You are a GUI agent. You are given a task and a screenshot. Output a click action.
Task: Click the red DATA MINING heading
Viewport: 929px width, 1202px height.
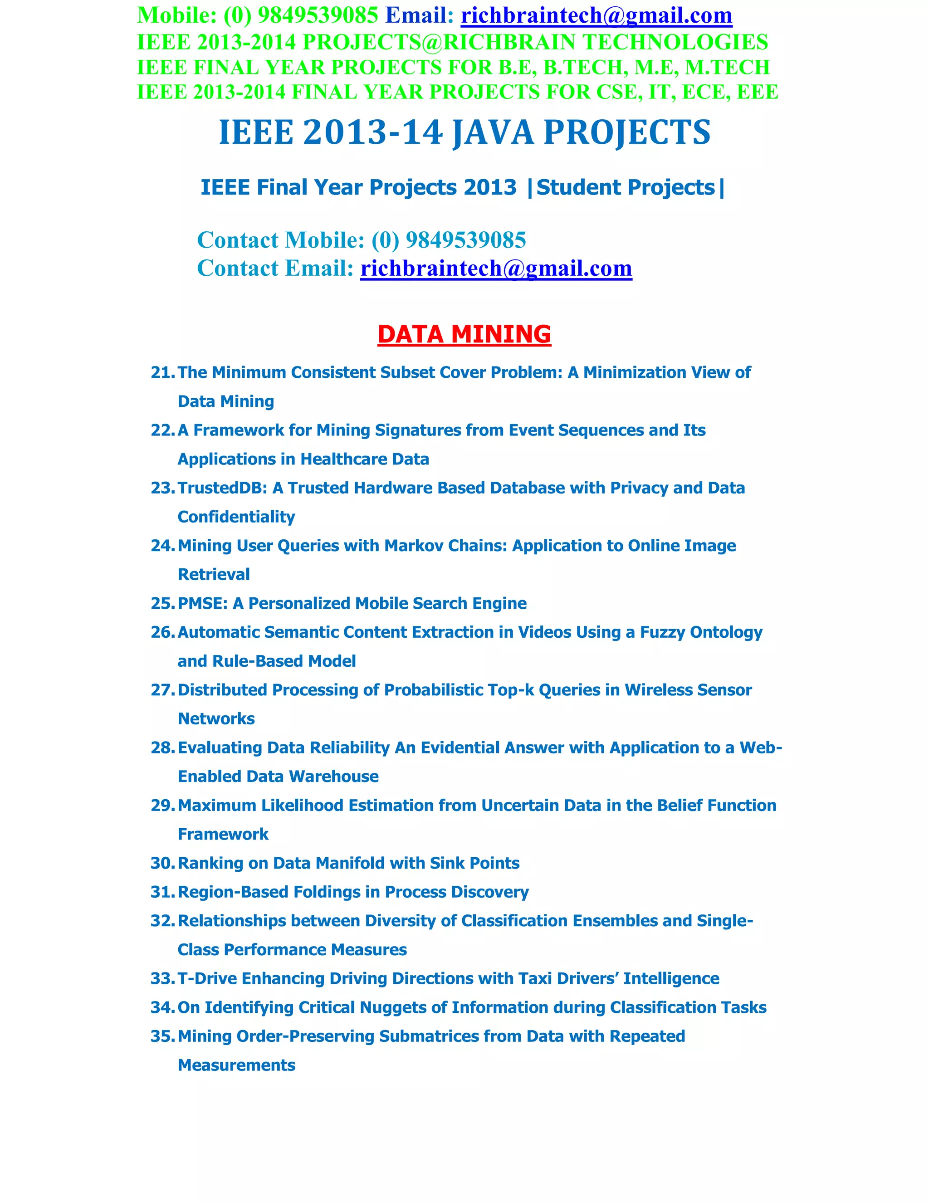point(464,334)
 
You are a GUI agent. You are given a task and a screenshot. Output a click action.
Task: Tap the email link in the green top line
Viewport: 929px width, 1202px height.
point(596,15)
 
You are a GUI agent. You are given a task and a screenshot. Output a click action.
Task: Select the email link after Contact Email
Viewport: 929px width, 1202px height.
point(496,268)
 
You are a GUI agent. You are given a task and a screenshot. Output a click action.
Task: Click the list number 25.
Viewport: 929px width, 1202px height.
point(162,603)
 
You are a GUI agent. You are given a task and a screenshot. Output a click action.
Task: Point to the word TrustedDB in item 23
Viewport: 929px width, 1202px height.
point(222,488)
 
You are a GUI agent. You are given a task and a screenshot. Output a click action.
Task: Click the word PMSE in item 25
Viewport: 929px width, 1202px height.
point(202,603)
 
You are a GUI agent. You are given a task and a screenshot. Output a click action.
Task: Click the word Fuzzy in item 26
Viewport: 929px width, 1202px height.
point(662,632)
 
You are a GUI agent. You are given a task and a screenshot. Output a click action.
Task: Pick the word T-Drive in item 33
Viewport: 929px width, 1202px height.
point(207,978)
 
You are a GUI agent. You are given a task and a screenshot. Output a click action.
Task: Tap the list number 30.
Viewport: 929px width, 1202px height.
point(162,863)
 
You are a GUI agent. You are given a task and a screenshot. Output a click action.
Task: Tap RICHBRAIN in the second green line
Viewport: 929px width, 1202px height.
point(509,42)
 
